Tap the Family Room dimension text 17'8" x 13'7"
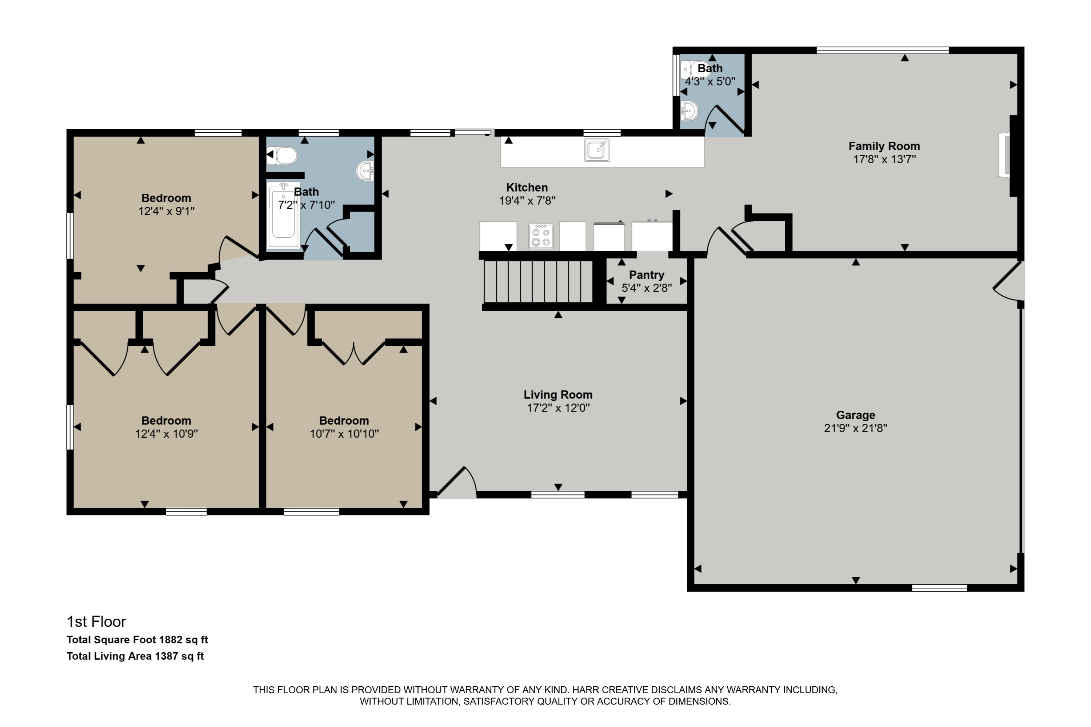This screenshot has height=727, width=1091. point(884,160)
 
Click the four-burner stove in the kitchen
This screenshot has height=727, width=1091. point(540,236)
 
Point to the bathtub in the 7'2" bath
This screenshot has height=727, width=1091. point(283,216)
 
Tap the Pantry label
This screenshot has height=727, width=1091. point(646,275)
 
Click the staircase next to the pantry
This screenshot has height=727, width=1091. point(538,281)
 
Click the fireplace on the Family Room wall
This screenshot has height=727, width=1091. point(1004,155)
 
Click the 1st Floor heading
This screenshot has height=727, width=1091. point(96,621)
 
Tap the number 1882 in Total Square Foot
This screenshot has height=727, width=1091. point(171,640)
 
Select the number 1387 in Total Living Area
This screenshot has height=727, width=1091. point(167,656)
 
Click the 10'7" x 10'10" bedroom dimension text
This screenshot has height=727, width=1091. point(344,434)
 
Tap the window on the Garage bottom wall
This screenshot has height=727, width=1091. point(939,588)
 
